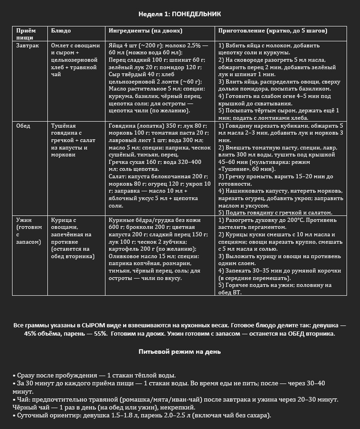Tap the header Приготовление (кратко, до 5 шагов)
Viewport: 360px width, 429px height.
(268, 31)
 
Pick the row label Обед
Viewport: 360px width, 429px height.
(23, 125)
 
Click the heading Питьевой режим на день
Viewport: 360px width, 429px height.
(179, 352)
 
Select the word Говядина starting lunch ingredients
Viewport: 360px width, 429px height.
(124, 125)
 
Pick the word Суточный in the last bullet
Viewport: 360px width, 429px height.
(32, 415)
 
